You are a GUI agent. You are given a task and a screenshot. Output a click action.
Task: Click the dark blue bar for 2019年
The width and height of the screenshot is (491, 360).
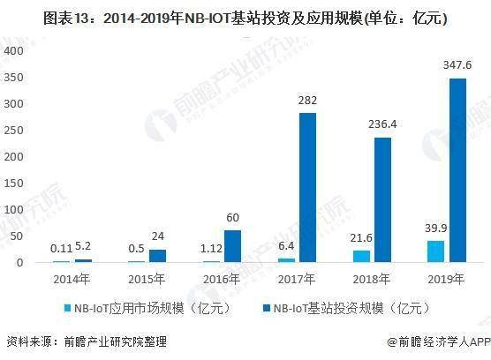click(x=457, y=170)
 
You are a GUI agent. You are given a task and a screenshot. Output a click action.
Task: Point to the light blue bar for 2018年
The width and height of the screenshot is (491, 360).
click(x=359, y=256)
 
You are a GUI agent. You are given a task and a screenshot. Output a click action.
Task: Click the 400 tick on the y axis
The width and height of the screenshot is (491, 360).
click(x=13, y=49)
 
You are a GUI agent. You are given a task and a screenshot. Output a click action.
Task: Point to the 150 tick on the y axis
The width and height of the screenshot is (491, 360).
click(x=13, y=183)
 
